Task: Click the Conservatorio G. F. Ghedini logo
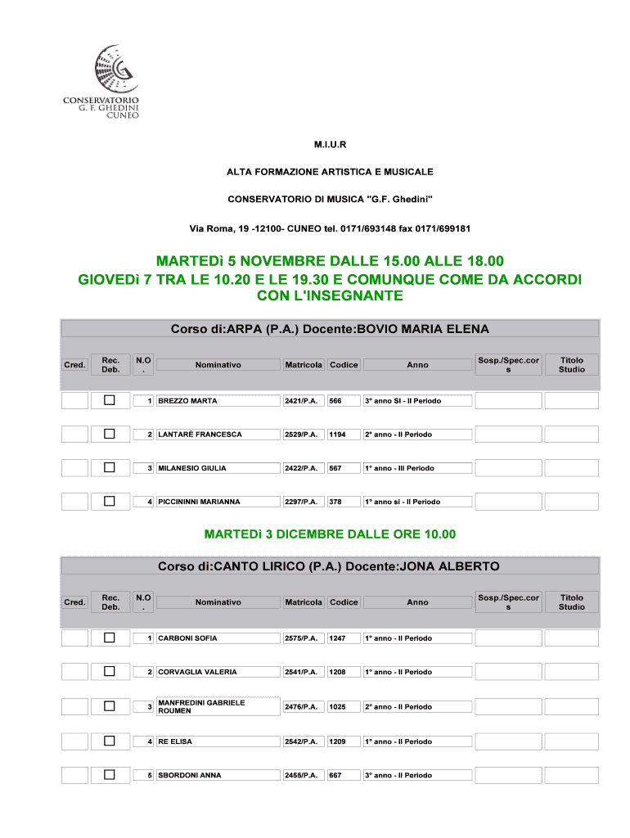coord(101,82)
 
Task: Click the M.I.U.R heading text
coord(330,145)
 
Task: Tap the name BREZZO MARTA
coord(187,401)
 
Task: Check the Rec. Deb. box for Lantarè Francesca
coord(110,434)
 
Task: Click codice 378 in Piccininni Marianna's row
coord(335,502)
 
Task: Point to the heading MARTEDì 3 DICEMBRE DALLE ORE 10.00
coord(330,534)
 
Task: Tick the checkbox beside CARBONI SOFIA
coord(110,638)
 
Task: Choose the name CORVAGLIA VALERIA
coord(197,672)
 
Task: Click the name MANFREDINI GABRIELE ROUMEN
coord(201,706)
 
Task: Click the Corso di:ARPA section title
coord(330,329)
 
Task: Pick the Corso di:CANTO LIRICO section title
coord(330,566)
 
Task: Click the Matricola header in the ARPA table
coord(304,364)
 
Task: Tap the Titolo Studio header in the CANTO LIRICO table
coord(572,601)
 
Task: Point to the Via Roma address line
coord(330,228)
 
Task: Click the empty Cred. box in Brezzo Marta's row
coord(75,401)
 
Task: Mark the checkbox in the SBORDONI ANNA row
coord(110,774)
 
